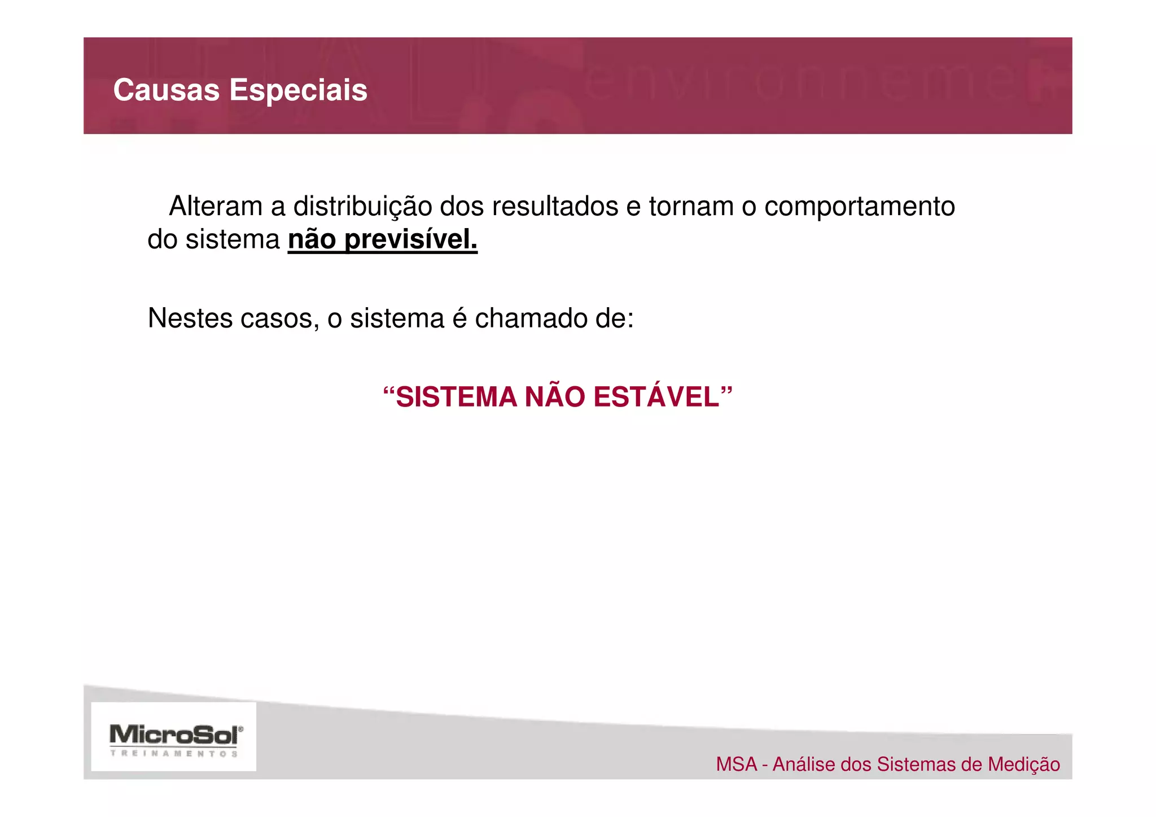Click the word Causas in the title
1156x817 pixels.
point(166,90)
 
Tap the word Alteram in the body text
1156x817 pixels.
point(216,207)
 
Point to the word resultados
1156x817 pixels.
point(555,207)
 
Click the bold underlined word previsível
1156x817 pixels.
point(411,240)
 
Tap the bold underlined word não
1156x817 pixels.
point(312,240)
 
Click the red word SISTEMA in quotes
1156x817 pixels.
point(456,397)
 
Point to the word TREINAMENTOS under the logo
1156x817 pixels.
point(174,753)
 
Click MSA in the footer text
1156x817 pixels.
point(737,764)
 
